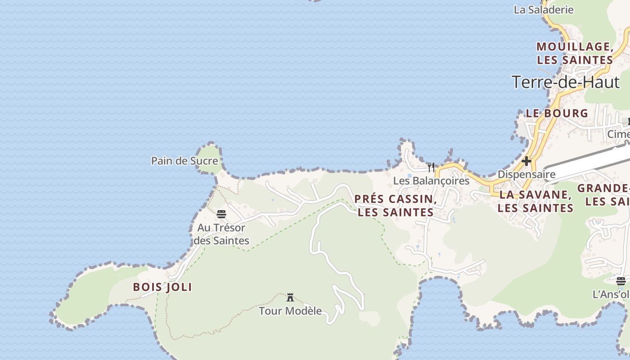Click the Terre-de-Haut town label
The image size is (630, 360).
(x=565, y=82)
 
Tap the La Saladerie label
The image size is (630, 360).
(x=544, y=9)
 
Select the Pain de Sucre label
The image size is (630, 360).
(x=184, y=161)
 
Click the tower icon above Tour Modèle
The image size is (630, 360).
(x=290, y=297)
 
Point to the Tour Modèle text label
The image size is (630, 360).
(x=290, y=310)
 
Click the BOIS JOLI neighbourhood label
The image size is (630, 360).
(x=162, y=287)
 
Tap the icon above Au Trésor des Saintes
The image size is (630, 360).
(x=221, y=214)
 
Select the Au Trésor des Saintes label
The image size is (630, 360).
(x=221, y=234)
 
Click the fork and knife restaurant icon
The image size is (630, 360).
(x=431, y=167)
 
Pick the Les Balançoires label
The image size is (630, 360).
(x=431, y=181)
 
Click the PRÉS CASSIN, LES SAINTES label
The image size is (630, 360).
(x=396, y=206)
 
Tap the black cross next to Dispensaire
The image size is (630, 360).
(x=526, y=161)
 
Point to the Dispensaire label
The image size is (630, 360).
(x=526, y=174)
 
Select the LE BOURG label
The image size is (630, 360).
(x=557, y=113)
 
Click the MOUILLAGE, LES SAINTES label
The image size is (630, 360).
(x=575, y=53)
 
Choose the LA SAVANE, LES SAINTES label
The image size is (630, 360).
(x=535, y=201)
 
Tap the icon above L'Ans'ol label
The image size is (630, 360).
(x=621, y=281)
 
